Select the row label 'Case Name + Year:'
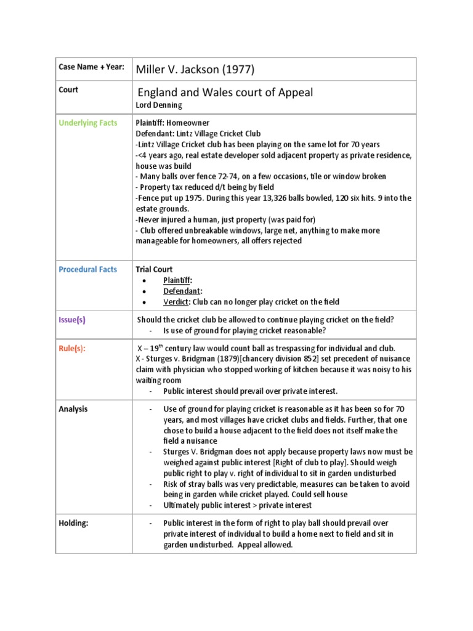[x=91, y=67]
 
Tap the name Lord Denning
[x=159, y=105]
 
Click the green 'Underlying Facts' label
[x=87, y=123]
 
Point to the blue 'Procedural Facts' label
[x=87, y=269]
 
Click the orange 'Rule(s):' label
[x=72, y=348]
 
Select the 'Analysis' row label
[x=73, y=409]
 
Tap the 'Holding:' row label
[x=74, y=523]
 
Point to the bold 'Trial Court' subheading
[x=154, y=269]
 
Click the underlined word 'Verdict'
[x=176, y=301]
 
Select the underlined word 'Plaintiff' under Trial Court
[x=177, y=280]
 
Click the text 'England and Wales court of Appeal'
[x=225, y=92]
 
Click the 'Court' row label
[x=68, y=89]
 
